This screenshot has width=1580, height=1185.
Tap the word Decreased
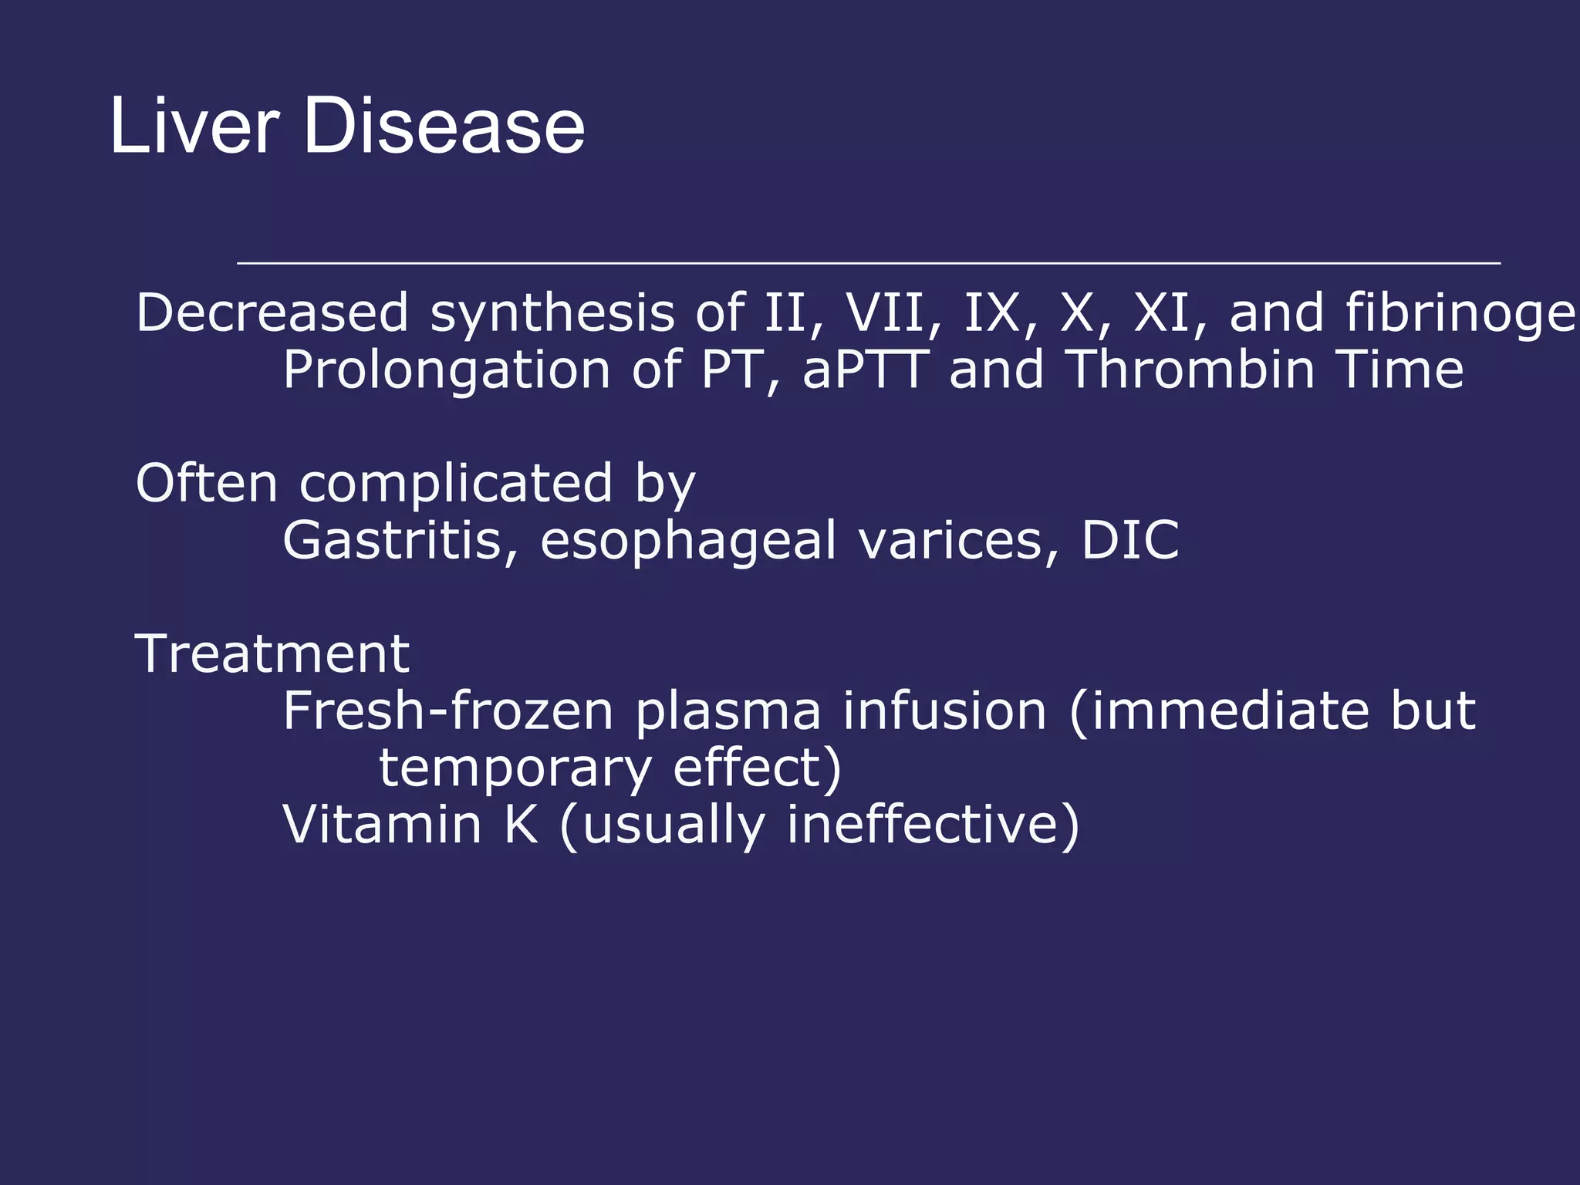(x=272, y=313)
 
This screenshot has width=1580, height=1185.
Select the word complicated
(x=455, y=485)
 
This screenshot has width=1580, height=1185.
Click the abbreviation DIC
(x=1130, y=540)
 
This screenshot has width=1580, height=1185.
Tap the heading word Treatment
(x=272, y=654)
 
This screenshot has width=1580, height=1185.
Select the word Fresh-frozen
(x=447, y=711)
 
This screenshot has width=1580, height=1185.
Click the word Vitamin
(x=383, y=825)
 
